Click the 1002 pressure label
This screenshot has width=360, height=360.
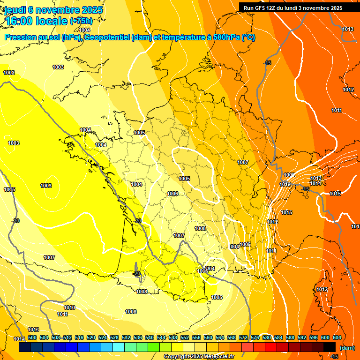click(x=9, y=73)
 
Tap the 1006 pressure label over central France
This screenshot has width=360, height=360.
click(x=172, y=194)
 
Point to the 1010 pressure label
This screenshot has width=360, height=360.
click(x=69, y=307)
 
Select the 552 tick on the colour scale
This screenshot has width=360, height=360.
click(x=185, y=337)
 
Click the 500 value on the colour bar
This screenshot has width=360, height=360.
click(x=32, y=337)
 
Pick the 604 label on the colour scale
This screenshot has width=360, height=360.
click(x=337, y=337)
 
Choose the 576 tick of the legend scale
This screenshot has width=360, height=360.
click(x=255, y=337)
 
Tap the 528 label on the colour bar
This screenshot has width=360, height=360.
click(x=114, y=337)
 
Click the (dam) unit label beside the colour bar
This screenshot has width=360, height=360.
click(x=347, y=348)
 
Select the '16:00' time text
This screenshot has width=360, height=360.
click(x=19, y=21)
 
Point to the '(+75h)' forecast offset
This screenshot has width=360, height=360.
click(x=81, y=21)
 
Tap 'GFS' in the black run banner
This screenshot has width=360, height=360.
click(x=261, y=8)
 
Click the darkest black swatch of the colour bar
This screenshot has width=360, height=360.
click(x=330, y=347)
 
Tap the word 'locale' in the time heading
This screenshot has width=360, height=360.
click(x=51, y=21)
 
